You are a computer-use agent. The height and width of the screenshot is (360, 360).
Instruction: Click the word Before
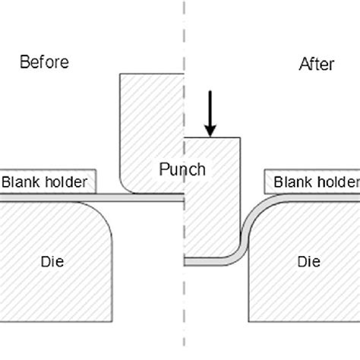pos(43,62)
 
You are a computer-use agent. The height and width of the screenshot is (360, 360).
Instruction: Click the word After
pos(317,65)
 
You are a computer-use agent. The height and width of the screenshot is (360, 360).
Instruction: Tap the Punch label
pos(182,169)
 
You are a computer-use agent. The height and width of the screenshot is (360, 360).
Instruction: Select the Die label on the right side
pos(308,262)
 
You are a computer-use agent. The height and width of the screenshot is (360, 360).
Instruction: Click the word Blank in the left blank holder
pos(21,182)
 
